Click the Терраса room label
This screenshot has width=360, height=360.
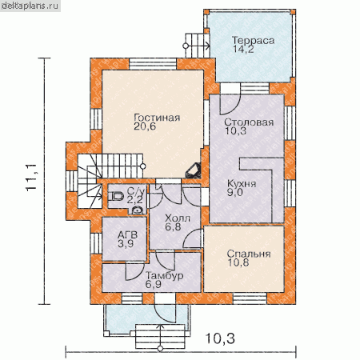pyautogui.click(x=253, y=41)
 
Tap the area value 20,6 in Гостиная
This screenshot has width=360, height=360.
pyautogui.click(x=145, y=126)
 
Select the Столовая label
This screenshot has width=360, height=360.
pyautogui.click(x=249, y=122)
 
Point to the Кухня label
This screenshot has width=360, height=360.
pyautogui.click(x=242, y=183)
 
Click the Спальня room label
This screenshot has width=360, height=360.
pyautogui.click(x=249, y=254)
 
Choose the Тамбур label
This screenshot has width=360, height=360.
pyautogui.click(x=165, y=275)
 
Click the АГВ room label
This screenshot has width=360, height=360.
pyautogui.click(x=127, y=235)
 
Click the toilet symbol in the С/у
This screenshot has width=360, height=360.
pyautogui.click(x=117, y=197)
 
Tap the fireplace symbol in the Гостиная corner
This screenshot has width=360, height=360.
pyautogui.click(x=193, y=170)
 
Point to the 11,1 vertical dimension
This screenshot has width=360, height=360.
pyautogui.click(x=31, y=177)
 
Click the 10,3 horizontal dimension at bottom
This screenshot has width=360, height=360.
pyautogui.click(x=220, y=338)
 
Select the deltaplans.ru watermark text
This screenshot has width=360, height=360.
pyautogui.click(x=30, y=6)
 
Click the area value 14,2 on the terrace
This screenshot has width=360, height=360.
pyautogui.click(x=243, y=49)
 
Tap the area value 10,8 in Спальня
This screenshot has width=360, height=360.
pyautogui.click(x=238, y=262)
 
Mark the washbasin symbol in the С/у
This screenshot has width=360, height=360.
pyautogui.click(x=138, y=210)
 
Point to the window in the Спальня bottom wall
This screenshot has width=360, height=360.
pyautogui.click(x=250, y=298)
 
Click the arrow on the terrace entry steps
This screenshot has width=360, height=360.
pyautogui.click(x=198, y=46)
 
